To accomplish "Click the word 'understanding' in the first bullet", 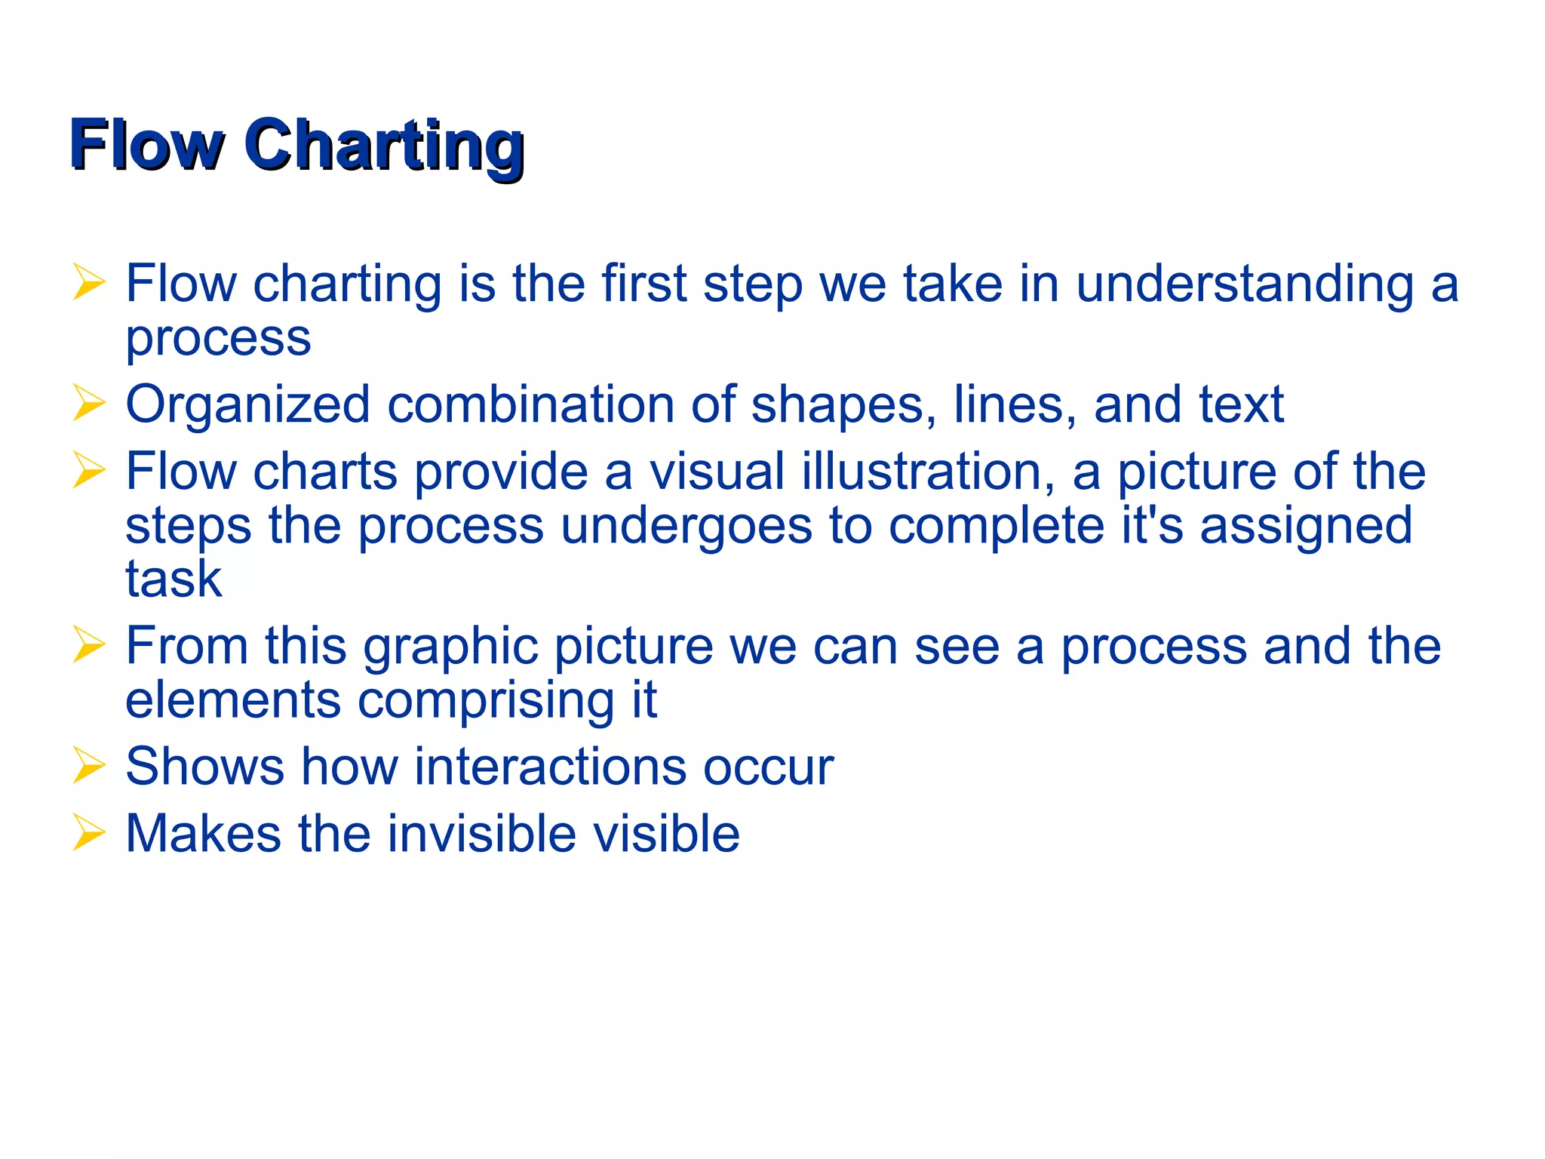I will [1244, 285].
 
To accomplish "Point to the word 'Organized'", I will [247, 406].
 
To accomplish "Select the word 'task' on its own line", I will [174, 579].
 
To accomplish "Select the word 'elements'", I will [232, 700].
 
